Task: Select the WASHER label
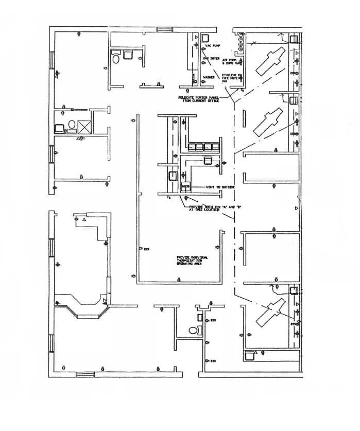(209, 78)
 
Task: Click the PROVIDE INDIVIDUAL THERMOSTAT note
(192, 260)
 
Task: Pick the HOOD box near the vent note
(185, 185)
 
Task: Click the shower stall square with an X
(84, 126)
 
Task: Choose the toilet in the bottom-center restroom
(194, 330)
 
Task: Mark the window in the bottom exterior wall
(85, 374)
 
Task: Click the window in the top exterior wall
(165, 29)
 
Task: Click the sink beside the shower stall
(59, 126)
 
